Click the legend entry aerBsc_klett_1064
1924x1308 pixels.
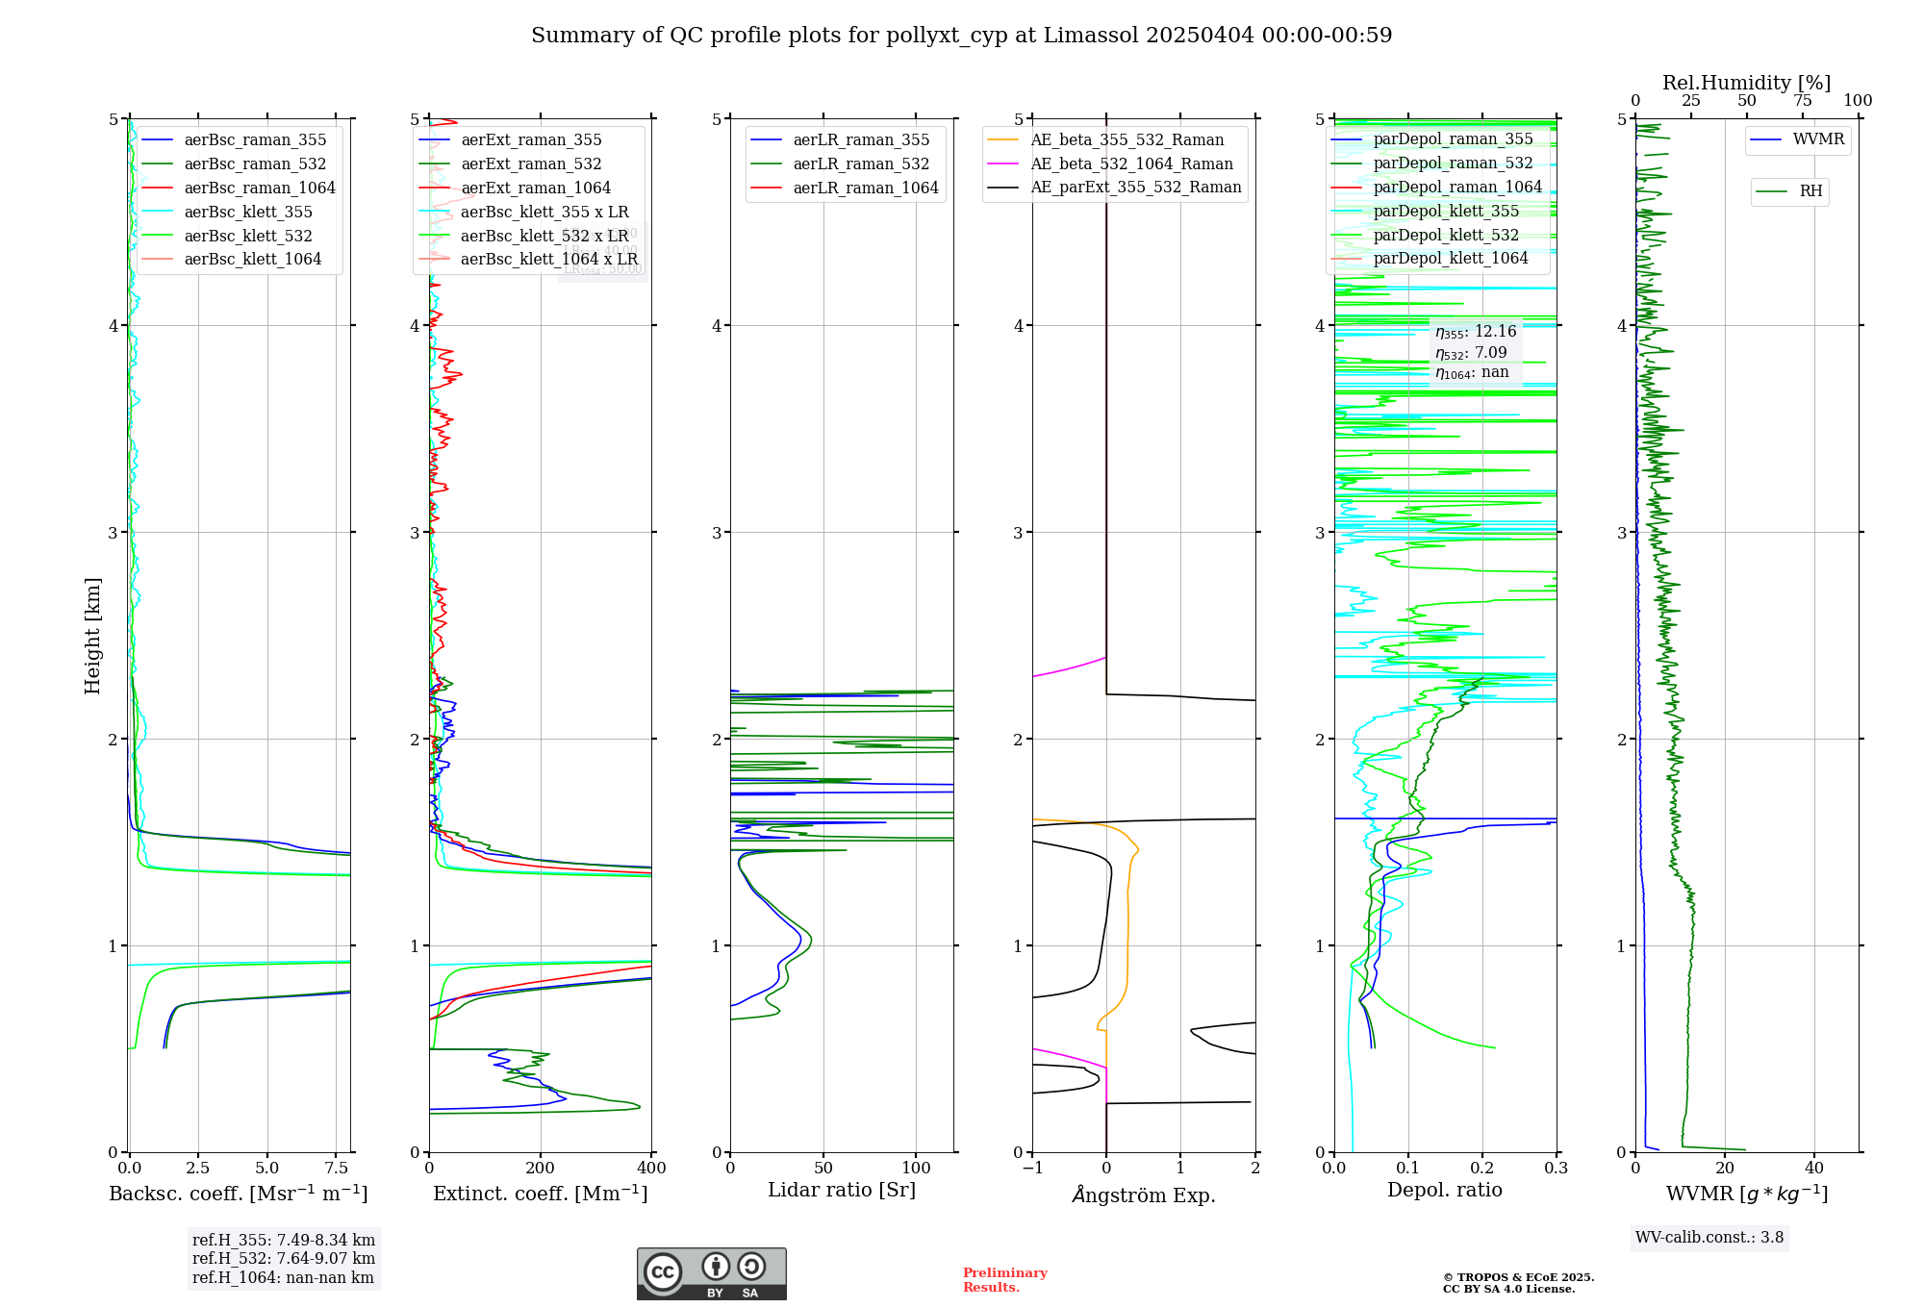(x=252, y=260)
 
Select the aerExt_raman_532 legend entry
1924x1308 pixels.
(x=531, y=164)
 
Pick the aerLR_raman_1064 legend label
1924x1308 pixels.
(x=865, y=189)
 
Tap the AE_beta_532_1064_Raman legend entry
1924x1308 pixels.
(x=1131, y=164)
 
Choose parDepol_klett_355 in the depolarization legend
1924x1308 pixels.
(x=1445, y=212)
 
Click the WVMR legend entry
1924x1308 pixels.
(x=1818, y=139)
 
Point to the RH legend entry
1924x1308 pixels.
(x=1810, y=191)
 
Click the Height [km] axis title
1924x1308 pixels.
(x=92, y=636)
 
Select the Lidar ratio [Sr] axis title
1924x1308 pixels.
(x=842, y=1191)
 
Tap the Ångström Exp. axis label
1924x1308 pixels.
(x=1144, y=1195)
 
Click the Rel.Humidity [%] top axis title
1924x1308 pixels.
(x=1746, y=83)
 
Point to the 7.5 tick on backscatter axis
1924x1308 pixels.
(x=336, y=1169)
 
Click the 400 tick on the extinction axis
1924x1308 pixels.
(x=651, y=1169)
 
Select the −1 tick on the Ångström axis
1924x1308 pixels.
(x=1031, y=1169)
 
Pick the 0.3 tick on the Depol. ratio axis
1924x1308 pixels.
(x=1556, y=1169)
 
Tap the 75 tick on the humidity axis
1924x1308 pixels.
(x=1802, y=101)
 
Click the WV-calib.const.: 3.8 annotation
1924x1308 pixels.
(x=1709, y=1238)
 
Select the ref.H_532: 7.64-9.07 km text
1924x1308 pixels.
(x=284, y=1259)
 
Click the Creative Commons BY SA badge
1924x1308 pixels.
(x=711, y=1274)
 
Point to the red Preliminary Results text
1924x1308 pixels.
(x=1004, y=1280)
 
